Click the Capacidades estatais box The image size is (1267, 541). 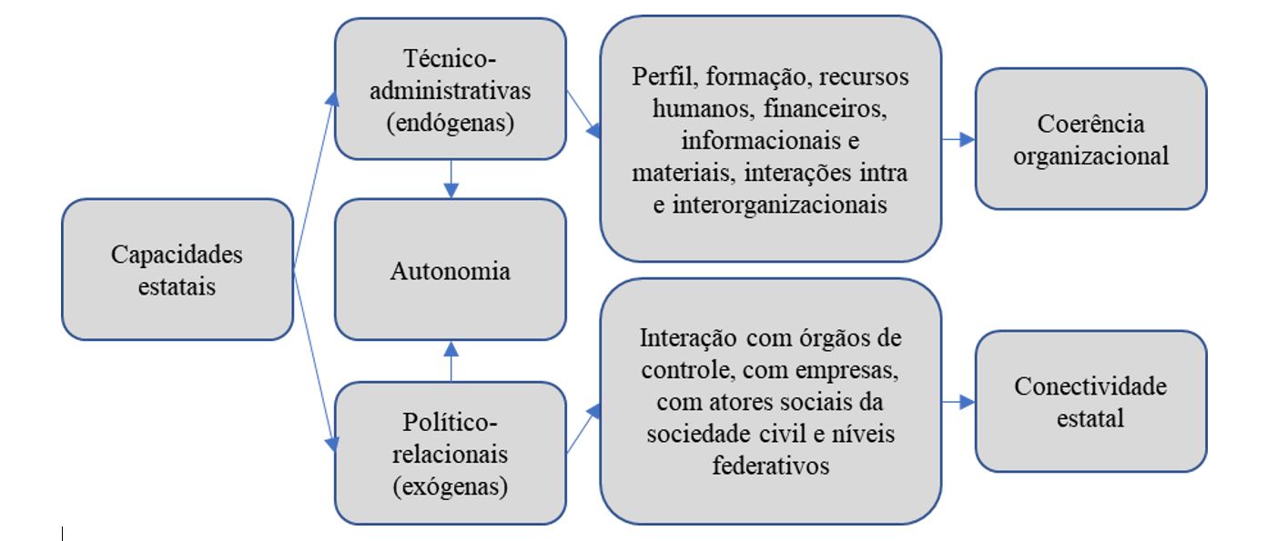(177, 269)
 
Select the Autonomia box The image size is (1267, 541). (450, 270)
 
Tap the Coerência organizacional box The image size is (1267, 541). (1090, 138)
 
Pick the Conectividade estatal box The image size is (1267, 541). (1090, 401)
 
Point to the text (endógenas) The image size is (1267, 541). (450, 124)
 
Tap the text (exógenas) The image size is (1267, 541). (450, 486)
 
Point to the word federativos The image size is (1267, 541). (770, 466)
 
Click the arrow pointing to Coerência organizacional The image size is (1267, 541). (958, 139)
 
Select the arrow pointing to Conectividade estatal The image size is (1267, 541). (958, 401)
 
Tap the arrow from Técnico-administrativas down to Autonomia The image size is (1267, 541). (451, 180)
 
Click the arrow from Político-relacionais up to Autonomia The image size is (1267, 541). (451, 360)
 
